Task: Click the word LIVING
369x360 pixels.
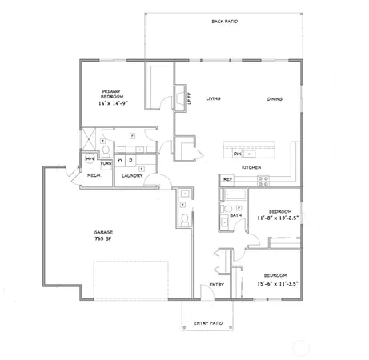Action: pyautogui.click(x=213, y=99)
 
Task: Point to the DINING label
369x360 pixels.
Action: pyautogui.click(x=275, y=99)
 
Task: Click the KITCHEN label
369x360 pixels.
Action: pyautogui.click(x=252, y=167)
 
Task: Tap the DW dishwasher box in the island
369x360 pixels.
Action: pyautogui.click(x=237, y=154)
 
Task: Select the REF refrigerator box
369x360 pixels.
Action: pyautogui.click(x=227, y=179)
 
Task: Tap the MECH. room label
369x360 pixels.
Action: pyautogui.click(x=93, y=175)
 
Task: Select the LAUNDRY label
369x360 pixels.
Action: pyautogui.click(x=131, y=175)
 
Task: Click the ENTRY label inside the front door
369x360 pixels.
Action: pyautogui.click(x=216, y=284)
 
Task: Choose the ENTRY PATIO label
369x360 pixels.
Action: pyautogui.click(x=211, y=324)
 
